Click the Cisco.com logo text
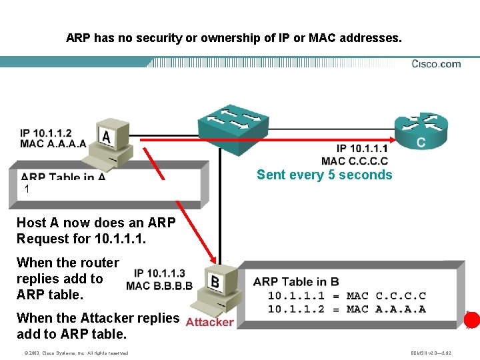[x=436, y=64]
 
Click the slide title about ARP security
[x=234, y=38]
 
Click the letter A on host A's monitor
[x=106, y=136]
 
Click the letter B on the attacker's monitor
[x=215, y=282]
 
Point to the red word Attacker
[x=209, y=322]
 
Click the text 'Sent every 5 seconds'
[x=324, y=175]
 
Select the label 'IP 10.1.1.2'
[x=46, y=133]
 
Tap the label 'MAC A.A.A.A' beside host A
[x=53, y=143]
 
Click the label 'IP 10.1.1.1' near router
[x=361, y=149]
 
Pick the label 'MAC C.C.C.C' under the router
[x=354, y=161]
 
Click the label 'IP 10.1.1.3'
[x=159, y=273]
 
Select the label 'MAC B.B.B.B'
[x=159, y=286]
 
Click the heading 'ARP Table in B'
[x=296, y=281]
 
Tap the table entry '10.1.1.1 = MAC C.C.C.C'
[x=346, y=295]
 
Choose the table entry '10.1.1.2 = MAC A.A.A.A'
[x=346, y=309]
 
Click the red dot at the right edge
[x=472, y=320]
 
